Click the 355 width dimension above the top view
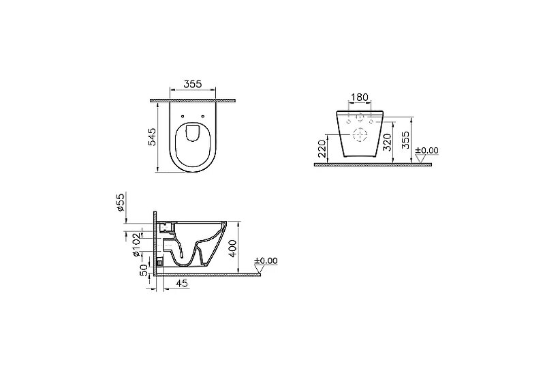[193, 84]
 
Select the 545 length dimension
[152, 136]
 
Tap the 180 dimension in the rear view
[360, 97]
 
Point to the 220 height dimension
[322, 149]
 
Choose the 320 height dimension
[387, 142]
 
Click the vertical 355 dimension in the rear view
[405, 140]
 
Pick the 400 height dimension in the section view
[233, 248]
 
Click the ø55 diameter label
[121, 203]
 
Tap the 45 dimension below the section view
[182, 283]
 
